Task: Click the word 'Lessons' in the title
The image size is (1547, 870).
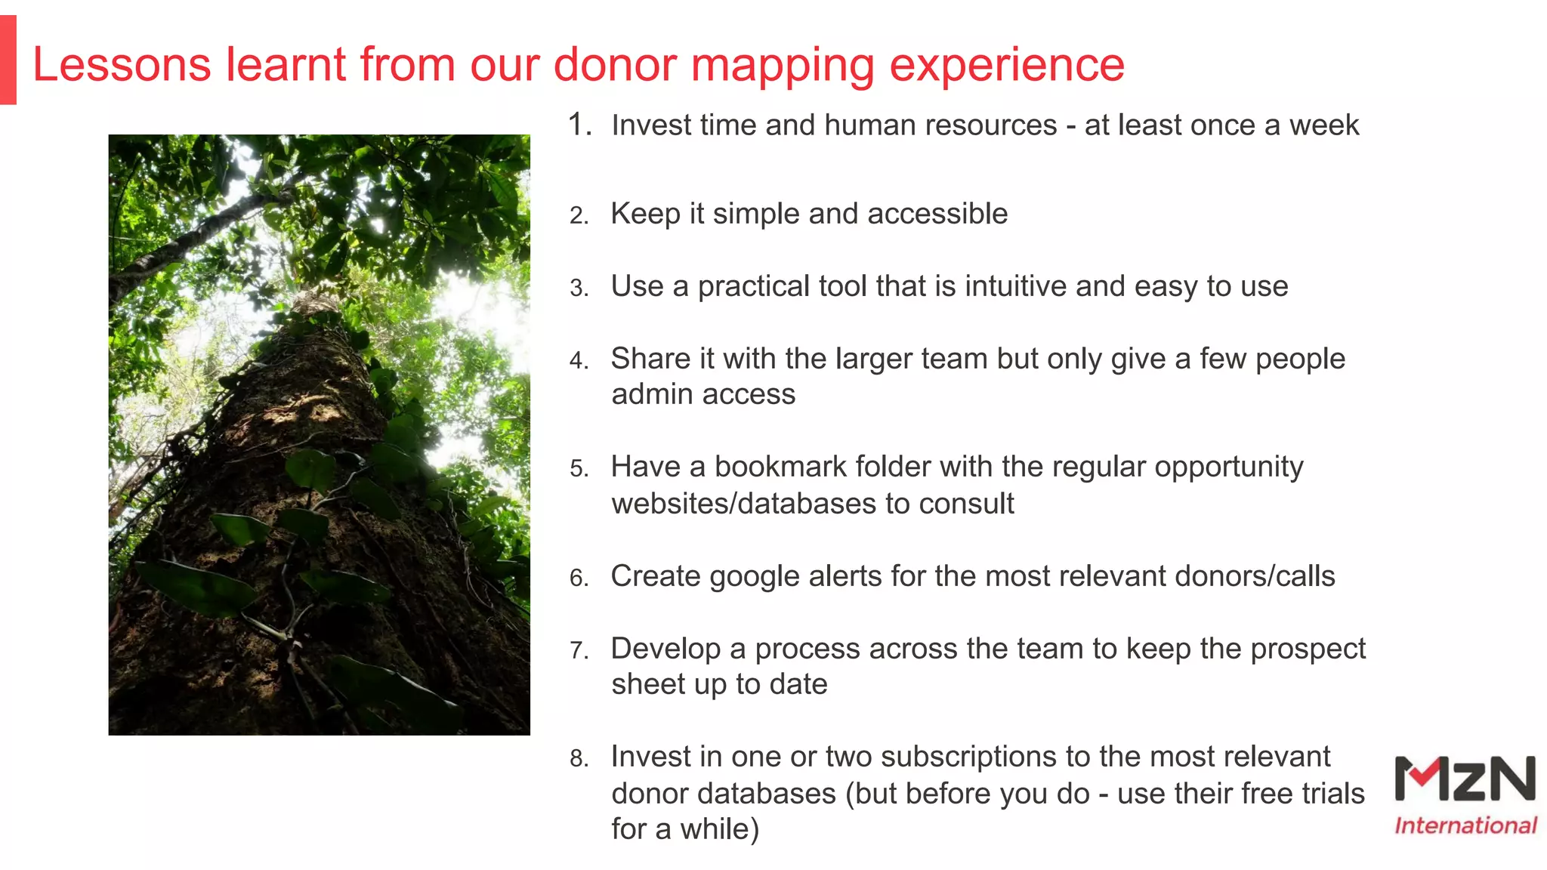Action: point(122,65)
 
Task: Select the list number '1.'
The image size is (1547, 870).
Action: point(580,125)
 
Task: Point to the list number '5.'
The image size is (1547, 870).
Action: point(579,469)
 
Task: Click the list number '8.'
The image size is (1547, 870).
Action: point(579,758)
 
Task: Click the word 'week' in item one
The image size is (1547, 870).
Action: point(1323,125)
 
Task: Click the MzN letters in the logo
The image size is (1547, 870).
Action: point(1465,779)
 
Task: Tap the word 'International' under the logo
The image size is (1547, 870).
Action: point(1465,825)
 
